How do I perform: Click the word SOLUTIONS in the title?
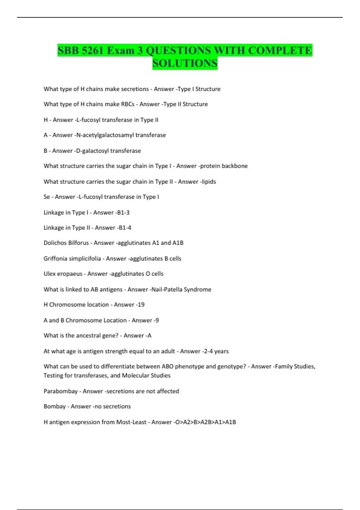pyautogui.click(x=185, y=63)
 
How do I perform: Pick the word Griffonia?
pyautogui.click(x=56, y=259)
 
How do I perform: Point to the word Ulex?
pyautogui.click(x=49, y=274)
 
